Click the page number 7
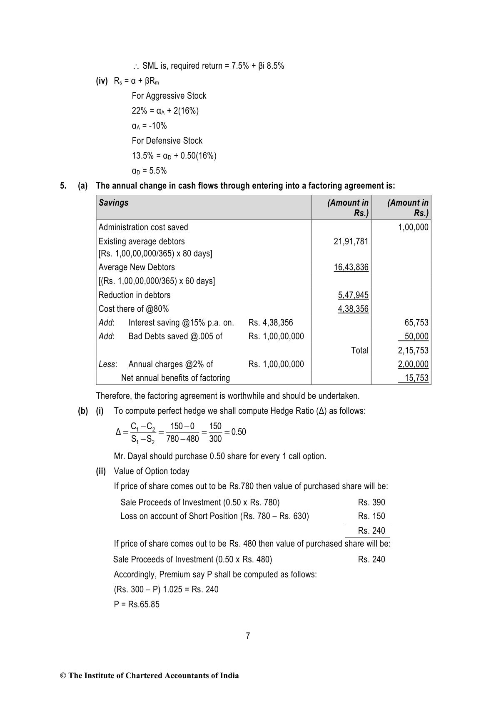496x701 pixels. (248, 636)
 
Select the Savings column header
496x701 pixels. (114, 203)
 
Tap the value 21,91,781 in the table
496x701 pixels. (351, 241)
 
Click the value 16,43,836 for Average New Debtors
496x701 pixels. (351, 267)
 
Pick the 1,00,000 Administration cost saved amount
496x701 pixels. (413, 227)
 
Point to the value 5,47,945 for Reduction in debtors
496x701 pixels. (353, 295)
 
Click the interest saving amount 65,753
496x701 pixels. (416, 323)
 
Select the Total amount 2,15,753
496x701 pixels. (413, 350)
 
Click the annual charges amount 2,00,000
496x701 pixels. (413, 364)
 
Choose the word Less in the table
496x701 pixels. (107, 364)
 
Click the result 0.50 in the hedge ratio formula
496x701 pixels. (239, 432)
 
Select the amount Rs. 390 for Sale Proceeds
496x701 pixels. (371, 502)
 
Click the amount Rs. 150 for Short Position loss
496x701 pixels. (371, 516)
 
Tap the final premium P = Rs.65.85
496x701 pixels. (137, 604)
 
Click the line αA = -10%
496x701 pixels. (149, 126)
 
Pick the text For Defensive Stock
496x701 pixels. (167, 141)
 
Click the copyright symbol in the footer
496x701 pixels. (63, 676)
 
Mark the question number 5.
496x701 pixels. (63, 186)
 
